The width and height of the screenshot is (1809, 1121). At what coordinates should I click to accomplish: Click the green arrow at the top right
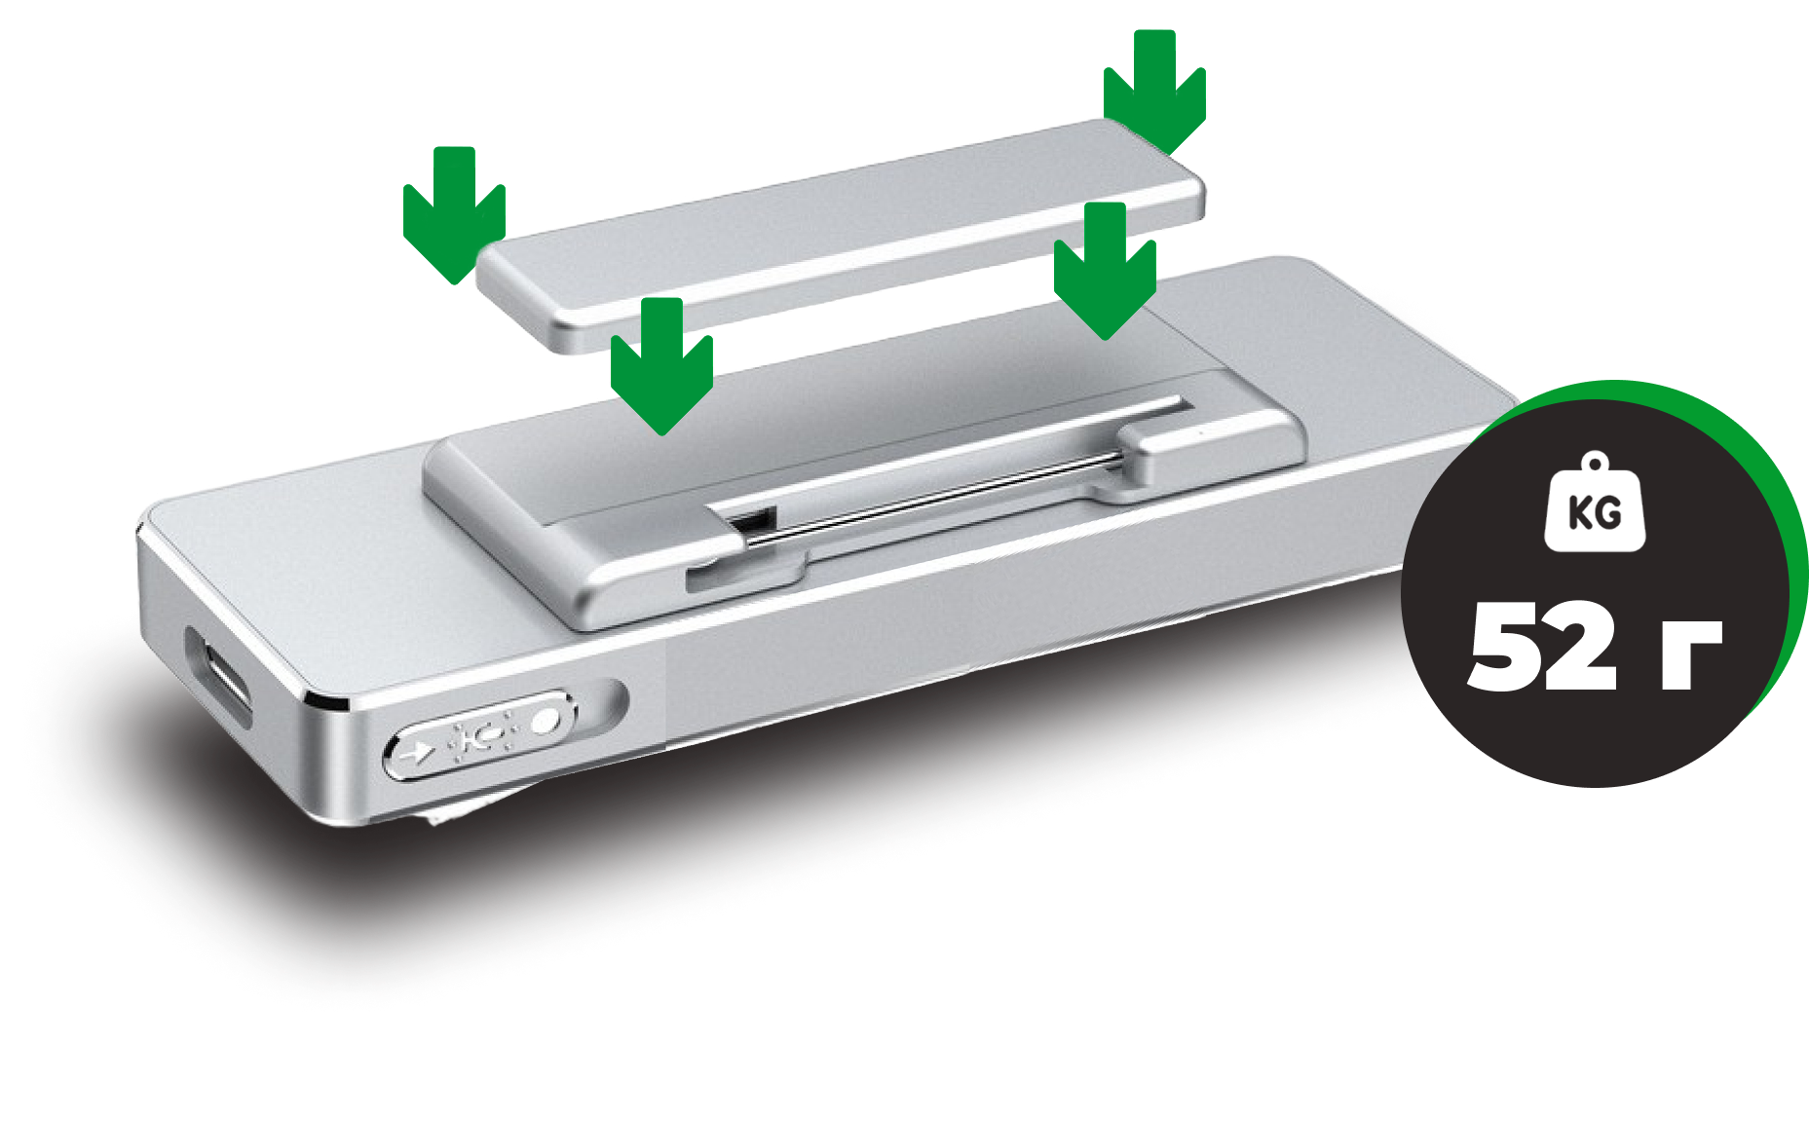[x=1154, y=93]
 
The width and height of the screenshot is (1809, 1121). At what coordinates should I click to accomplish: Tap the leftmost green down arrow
[x=454, y=214]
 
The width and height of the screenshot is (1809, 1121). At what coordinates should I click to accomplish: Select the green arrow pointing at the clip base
[x=661, y=365]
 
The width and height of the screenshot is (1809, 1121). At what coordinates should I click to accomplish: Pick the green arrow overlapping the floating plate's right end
[x=1105, y=271]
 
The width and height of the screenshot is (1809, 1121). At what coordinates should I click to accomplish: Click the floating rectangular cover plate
[x=841, y=236]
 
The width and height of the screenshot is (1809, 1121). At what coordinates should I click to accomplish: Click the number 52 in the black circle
[x=1542, y=646]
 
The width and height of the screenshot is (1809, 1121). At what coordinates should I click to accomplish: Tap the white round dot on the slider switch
[x=546, y=721]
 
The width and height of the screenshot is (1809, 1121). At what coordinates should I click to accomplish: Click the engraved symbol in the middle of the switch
[x=480, y=736]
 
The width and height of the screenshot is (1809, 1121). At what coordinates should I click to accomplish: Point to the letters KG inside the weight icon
[x=1595, y=512]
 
